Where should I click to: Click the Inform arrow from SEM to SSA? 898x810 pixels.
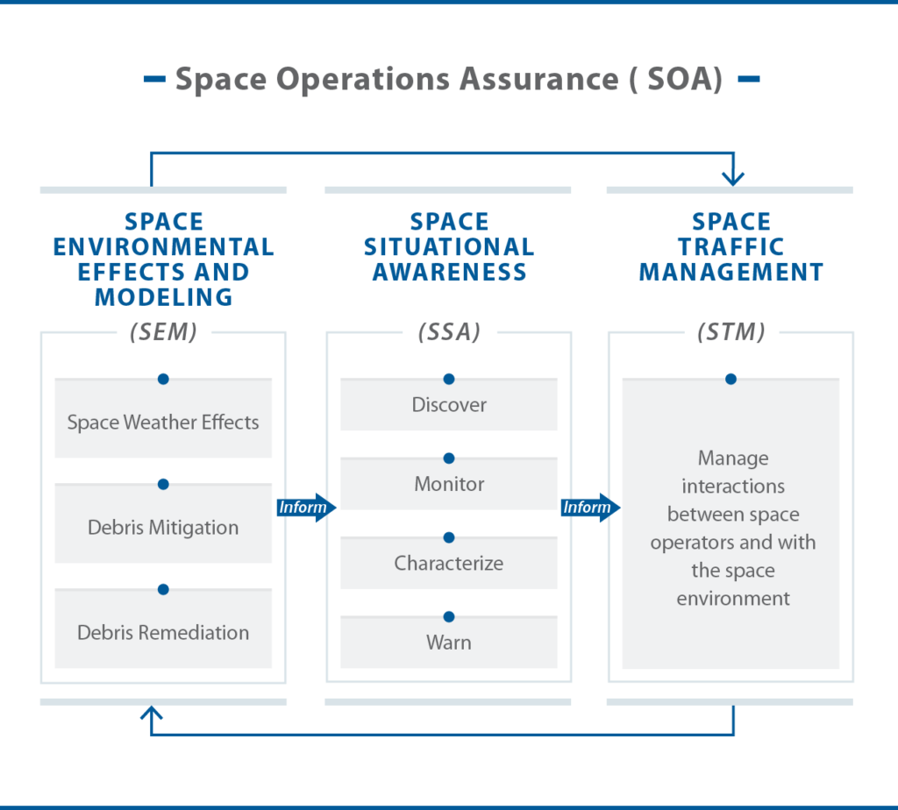pyautogui.click(x=306, y=508)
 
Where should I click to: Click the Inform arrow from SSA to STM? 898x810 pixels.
pyautogui.click(x=590, y=508)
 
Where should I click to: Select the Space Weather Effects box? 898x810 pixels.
pyautogui.click(x=163, y=418)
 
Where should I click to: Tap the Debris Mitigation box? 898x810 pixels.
pyautogui.click(x=163, y=523)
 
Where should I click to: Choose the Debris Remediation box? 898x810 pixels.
pyautogui.click(x=163, y=629)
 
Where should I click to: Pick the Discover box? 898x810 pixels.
pyautogui.click(x=449, y=404)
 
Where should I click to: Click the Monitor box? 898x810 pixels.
pyautogui.click(x=449, y=484)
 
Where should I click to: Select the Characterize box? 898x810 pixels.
pyautogui.click(x=449, y=563)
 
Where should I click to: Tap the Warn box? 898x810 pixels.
pyautogui.click(x=449, y=643)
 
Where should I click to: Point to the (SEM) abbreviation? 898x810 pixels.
pyautogui.click(x=163, y=332)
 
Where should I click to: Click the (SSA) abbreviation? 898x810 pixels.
pyautogui.click(x=449, y=332)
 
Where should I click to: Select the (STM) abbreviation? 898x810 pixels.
pyautogui.click(x=731, y=332)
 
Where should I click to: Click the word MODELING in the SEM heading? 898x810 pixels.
pyautogui.click(x=164, y=297)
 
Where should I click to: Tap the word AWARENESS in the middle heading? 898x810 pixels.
pyautogui.click(x=450, y=272)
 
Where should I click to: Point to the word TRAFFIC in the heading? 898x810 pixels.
pyautogui.click(x=731, y=246)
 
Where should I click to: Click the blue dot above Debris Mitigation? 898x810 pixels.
pyautogui.click(x=163, y=484)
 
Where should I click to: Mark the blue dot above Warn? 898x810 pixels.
pyautogui.click(x=449, y=616)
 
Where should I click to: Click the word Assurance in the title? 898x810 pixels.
pyautogui.click(x=539, y=78)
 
